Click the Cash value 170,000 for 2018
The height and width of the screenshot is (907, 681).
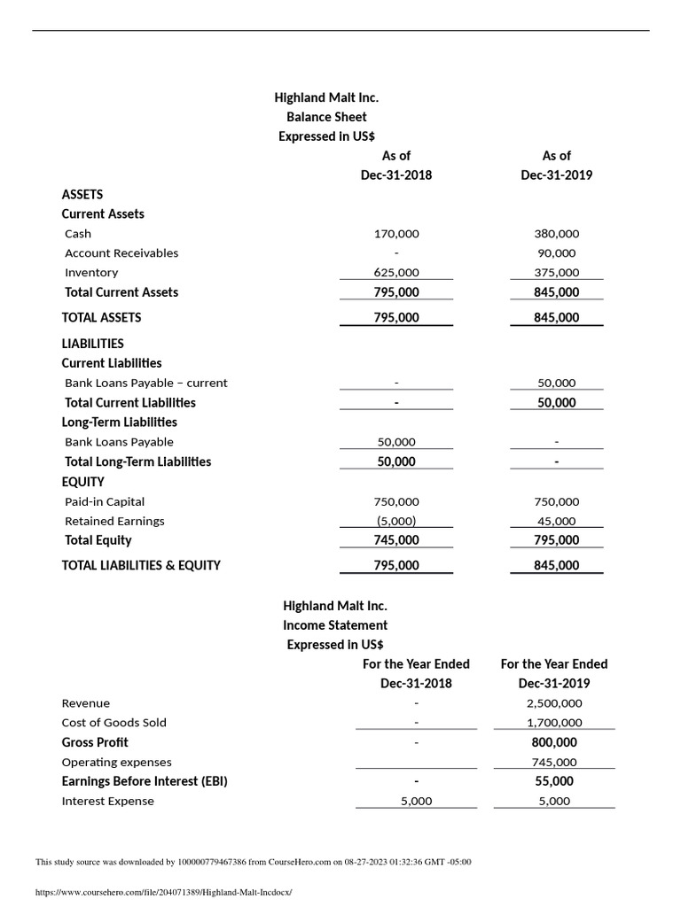point(396,234)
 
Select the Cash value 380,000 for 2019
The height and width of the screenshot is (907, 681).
point(556,234)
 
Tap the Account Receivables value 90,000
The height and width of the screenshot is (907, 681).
point(556,253)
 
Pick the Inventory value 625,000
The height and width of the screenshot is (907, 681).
point(396,273)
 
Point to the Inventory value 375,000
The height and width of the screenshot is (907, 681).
point(556,273)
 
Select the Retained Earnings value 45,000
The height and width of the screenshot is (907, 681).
point(556,521)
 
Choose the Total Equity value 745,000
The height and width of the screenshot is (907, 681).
point(396,540)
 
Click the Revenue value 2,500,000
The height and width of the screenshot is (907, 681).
point(554,703)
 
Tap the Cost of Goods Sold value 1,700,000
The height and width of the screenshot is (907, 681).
point(554,723)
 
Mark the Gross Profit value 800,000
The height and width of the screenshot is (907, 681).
point(554,742)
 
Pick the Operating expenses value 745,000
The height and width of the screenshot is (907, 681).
point(554,762)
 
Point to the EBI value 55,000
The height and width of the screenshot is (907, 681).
point(554,781)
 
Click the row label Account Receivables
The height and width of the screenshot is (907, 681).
point(121,253)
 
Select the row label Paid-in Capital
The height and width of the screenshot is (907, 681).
point(105,501)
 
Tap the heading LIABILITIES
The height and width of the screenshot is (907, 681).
point(92,344)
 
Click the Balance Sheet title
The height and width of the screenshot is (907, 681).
point(326,117)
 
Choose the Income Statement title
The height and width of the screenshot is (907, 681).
point(335,625)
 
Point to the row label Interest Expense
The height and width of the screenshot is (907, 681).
point(107,801)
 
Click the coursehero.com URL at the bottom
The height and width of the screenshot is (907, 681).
point(163,892)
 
